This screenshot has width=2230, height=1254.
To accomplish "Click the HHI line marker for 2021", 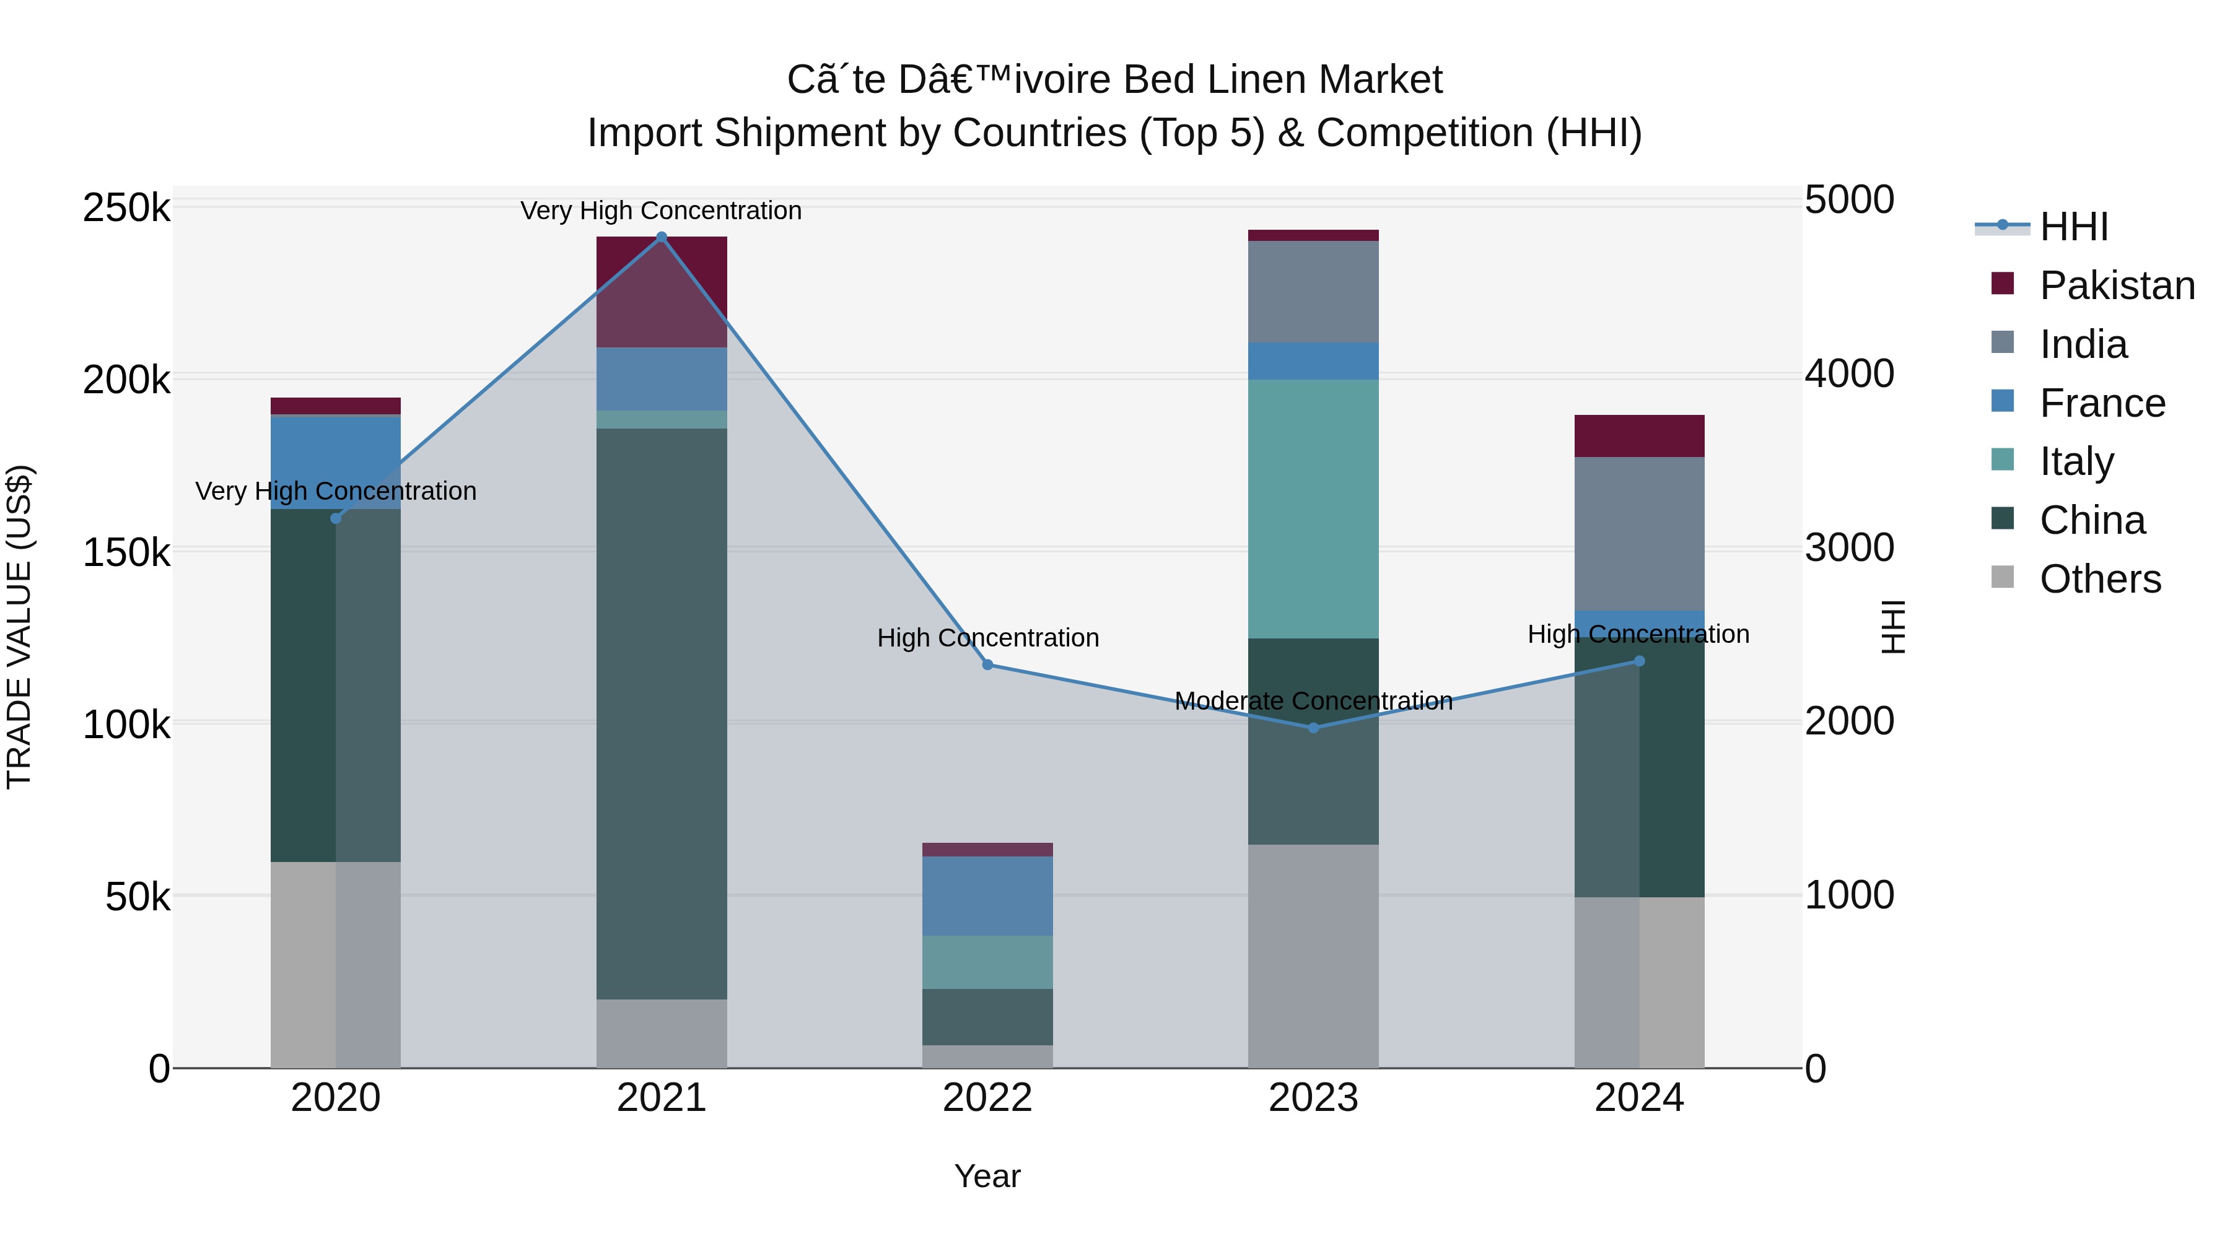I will pyautogui.click(x=662, y=237).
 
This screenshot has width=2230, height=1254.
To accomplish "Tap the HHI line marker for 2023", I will pyautogui.click(x=1313, y=728).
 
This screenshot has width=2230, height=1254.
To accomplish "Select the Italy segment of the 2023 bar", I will pyautogui.click(x=1313, y=509).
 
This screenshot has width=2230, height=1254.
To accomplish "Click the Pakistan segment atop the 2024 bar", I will pyautogui.click(x=1638, y=435).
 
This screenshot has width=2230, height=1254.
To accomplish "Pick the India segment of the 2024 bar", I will pyautogui.click(x=1638, y=533).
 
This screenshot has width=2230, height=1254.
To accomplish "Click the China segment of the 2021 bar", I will pyautogui.click(x=662, y=713).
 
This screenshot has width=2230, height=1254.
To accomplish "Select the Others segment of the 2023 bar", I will pyautogui.click(x=1313, y=956).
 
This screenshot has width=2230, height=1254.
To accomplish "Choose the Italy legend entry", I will pyautogui.click(x=2076, y=461).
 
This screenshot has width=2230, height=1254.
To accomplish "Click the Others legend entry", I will pyautogui.click(x=2099, y=579).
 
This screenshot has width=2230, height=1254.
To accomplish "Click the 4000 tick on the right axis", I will pyautogui.click(x=1849, y=374).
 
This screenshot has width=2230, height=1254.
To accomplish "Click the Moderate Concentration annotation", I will pyautogui.click(x=1313, y=701).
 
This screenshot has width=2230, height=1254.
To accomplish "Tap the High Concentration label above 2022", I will pyautogui.click(x=988, y=638).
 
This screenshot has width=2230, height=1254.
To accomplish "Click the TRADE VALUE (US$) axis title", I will pyautogui.click(x=20, y=627).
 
